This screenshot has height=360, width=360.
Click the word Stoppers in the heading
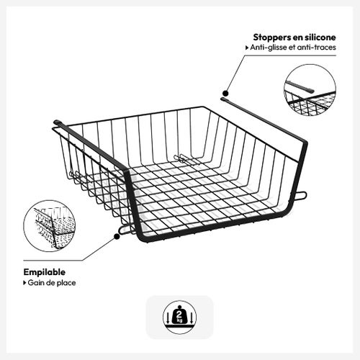(x=271, y=37)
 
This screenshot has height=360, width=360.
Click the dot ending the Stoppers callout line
(x=225, y=93)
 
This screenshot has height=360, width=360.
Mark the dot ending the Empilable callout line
(x=117, y=233)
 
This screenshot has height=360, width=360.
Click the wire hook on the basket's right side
(x=300, y=194)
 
